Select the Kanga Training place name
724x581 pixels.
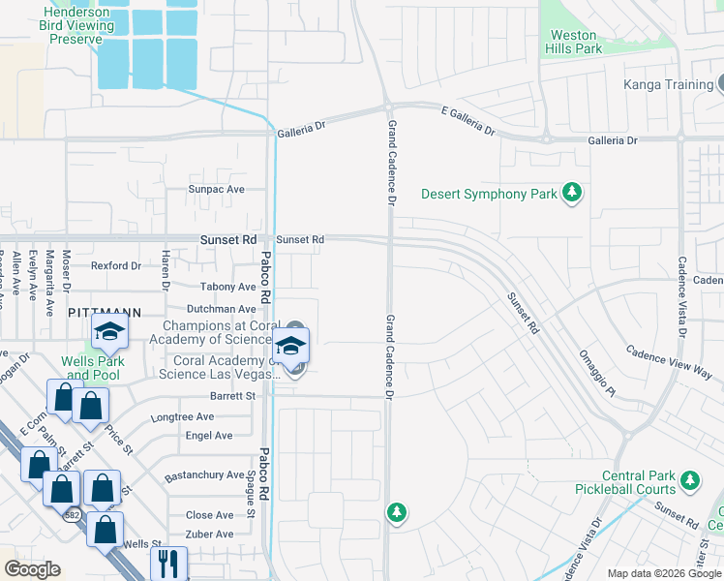tap(668, 84)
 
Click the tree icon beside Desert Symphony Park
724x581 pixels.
tap(572, 194)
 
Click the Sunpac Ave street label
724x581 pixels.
tap(217, 190)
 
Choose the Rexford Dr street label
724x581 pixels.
tap(115, 265)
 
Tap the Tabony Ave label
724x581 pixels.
tap(227, 287)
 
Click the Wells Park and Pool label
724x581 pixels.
tap(91, 368)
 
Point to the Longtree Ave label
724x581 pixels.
tap(182, 417)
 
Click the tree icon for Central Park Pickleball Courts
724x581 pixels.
tap(689, 480)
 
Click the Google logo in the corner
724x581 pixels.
tap(32, 569)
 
